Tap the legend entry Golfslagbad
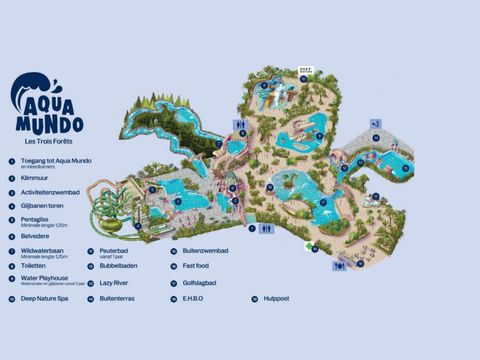(x=199, y=282)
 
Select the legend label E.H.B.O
(x=194, y=297)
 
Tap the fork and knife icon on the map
(x=340, y=266)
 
